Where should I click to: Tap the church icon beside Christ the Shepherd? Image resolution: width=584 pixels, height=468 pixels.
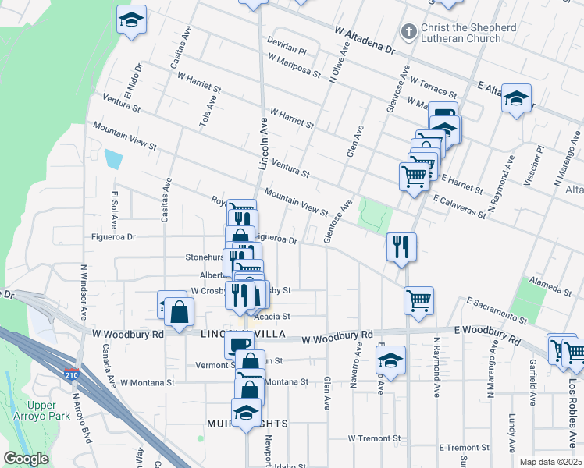pos(407,32)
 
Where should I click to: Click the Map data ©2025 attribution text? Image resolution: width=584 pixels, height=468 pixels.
pos(550,462)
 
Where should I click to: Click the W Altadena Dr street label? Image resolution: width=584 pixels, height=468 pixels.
pos(364,41)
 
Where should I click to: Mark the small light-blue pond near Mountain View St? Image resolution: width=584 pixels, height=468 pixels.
pos(113,160)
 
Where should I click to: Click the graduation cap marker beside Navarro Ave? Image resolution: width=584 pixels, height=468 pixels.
pos(390,360)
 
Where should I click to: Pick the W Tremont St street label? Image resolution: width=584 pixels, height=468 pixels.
pos(374,438)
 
